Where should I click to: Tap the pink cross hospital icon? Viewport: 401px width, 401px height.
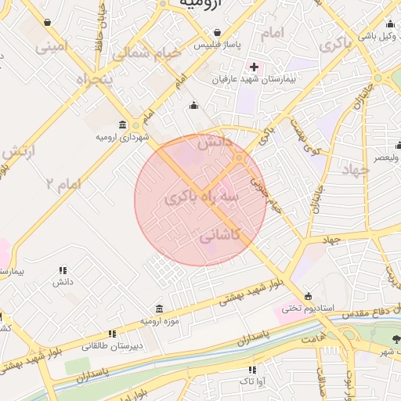click(x=253, y=67)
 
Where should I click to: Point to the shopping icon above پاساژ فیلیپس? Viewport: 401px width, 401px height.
click(x=216, y=33)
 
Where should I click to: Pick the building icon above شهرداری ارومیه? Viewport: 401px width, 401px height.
click(x=122, y=125)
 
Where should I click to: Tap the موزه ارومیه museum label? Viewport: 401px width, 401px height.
click(x=160, y=321)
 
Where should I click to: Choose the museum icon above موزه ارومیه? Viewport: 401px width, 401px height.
click(x=160, y=309)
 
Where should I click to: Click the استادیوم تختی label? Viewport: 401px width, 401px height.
click(x=307, y=309)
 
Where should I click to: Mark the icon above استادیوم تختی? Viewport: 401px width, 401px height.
click(x=308, y=296)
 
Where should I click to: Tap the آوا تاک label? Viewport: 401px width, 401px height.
click(x=251, y=381)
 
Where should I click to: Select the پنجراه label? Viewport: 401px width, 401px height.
click(x=96, y=79)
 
